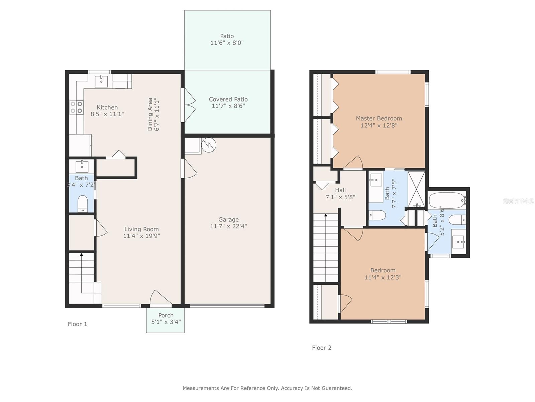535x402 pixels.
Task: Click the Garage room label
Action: (x=228, y=219)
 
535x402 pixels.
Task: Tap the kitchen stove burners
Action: (x=76, y=108)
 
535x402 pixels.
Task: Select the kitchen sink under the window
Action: (x=101, y=81)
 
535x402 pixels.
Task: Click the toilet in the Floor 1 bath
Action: (x=82, y=204)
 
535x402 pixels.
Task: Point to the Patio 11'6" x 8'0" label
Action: (x=227, y=40)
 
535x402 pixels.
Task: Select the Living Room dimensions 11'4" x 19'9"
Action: (x=141, y=236)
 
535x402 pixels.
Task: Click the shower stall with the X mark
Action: (x=416, y=189)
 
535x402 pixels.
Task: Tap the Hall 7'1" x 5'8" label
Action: (x=340, y=193)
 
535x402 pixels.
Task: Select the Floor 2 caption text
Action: (x=322, y=348)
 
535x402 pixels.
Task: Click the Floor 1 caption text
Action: (x=77, y=324)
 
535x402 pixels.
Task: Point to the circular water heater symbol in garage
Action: (x=209, y=145)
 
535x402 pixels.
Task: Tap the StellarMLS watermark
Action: (x=518, y=201)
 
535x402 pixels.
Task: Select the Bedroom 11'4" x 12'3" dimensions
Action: (x=383, y=277)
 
